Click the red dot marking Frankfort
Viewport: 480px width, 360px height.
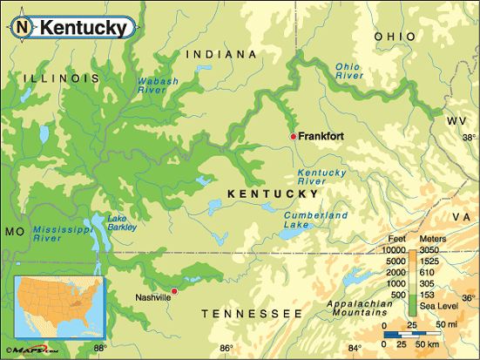click(x=293, y=137)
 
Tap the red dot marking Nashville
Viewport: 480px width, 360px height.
click(x=174, y=290)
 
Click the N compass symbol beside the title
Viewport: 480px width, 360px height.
click(x=23, y=28)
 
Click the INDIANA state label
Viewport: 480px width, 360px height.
click(x=222, y=54)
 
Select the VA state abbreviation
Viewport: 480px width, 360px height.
click(x=461, y=215)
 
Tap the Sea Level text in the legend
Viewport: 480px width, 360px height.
click(x=443, y=307)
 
